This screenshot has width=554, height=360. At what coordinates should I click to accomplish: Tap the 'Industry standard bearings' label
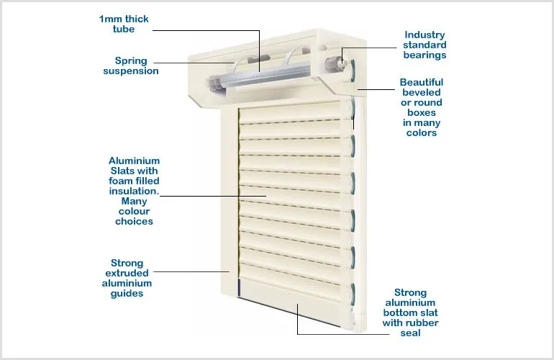[x=425, y=45]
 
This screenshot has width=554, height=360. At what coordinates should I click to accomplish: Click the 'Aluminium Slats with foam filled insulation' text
[x=134, y=191]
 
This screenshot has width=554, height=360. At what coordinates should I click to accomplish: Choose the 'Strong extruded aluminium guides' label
[x=127, y=279]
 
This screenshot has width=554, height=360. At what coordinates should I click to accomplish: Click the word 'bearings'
[x=425, y=55]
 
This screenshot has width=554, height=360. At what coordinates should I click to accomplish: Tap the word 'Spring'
[x=132, y=60]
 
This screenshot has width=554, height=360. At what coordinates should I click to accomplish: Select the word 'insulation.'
[x=134, y=191]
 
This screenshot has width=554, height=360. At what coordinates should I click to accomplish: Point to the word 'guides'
[x=127, y=294]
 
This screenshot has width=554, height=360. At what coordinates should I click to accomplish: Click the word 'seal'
[x=410, y=333]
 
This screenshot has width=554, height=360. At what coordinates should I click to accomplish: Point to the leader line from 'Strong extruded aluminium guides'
[x=191, y=271]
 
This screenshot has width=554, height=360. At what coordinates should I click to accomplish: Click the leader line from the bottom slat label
[x=338, y=333]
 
